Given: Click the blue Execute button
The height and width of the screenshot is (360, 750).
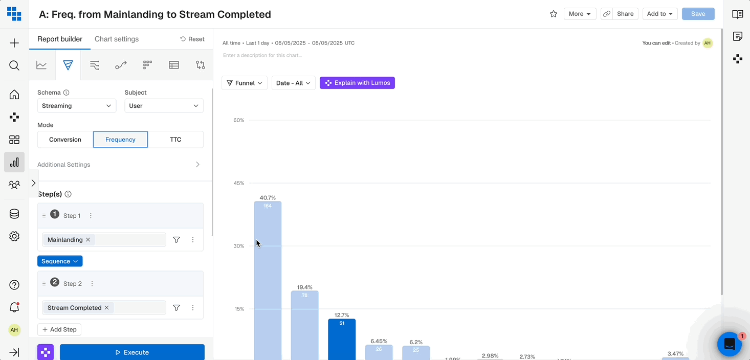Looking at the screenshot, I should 132,352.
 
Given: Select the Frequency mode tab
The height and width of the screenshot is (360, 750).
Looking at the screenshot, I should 120,140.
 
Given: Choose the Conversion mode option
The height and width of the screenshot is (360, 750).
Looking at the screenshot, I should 65,140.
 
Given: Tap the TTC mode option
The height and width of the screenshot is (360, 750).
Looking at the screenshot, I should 175,140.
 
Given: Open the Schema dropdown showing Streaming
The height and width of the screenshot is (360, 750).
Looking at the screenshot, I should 77,106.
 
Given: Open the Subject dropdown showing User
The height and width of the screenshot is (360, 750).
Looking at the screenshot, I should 164,106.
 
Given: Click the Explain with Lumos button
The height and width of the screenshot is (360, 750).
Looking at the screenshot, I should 357,83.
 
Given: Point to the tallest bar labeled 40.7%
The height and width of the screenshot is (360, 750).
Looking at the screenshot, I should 268,281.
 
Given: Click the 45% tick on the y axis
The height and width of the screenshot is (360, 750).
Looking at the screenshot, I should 239,183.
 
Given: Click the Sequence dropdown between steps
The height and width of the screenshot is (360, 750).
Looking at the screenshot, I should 60,261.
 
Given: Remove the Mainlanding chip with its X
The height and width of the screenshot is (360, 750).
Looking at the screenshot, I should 88,240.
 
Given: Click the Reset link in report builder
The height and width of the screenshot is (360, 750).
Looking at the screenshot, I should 192,39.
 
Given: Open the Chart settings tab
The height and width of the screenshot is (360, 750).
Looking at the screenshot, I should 117,39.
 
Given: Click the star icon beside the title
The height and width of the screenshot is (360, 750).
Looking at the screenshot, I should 554,14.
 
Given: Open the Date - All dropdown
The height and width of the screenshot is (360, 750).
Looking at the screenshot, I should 293,83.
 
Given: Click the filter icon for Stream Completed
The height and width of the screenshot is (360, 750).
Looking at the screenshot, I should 177,308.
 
